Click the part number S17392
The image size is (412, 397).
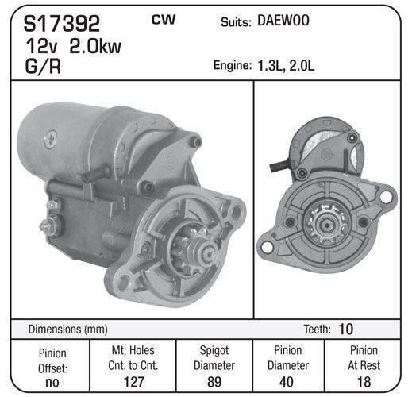tap(62, 24)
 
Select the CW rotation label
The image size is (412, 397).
tap(164, 20)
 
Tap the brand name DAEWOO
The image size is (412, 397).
tap(283, 21)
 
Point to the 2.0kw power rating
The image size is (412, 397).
tap(95, 46)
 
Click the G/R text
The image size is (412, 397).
tap(43, 66)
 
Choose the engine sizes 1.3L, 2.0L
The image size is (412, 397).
tap(286, 66)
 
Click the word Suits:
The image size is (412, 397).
tap(236, 22)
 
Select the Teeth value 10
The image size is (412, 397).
tap(345, 329)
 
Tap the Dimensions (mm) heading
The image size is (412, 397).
tap(67, 330)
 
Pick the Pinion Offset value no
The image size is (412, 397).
tap(52, 382)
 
